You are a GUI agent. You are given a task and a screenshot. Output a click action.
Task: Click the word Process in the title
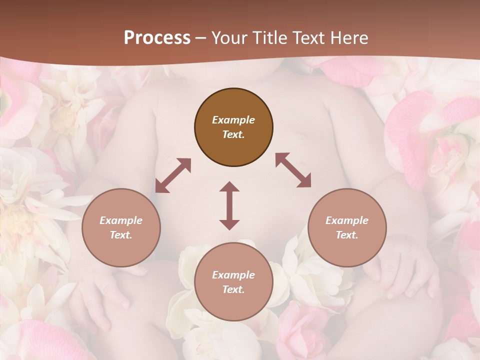[157, 38]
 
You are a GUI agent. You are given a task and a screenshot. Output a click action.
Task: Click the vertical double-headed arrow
[229, 205]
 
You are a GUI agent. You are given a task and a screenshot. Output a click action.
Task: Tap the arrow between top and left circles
[173, 175]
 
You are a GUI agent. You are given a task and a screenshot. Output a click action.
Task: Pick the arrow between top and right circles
[293, 170]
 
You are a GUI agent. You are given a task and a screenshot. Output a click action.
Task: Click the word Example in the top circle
[233, 120]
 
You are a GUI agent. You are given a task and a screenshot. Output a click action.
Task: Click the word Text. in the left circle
[121, 235]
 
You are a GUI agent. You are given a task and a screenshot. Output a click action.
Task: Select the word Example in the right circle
[347, 220]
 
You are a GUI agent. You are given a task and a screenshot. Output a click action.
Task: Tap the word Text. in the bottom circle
[233, 289]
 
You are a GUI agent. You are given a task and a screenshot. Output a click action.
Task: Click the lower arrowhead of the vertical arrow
[229, 224]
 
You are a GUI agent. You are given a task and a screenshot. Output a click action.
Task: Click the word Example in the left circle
[121, 220]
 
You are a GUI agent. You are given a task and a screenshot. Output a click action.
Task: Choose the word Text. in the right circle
[347, 235]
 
